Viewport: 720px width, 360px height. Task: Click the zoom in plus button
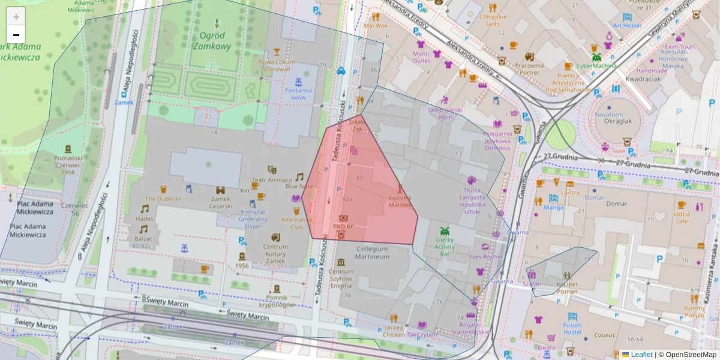point(16,17)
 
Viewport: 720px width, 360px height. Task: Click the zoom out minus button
point(16,35)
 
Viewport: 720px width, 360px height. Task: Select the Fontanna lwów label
point(298,94)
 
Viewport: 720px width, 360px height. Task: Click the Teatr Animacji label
point(271,179)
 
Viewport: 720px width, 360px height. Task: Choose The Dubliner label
point(163,199)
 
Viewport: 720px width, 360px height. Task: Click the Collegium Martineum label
point(373,252)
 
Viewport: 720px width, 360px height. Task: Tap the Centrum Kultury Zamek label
point(276,253)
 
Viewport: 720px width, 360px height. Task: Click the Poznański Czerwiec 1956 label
point(68,164)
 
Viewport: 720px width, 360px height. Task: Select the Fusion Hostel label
point(572,328)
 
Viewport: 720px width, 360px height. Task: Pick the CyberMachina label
point(596,65)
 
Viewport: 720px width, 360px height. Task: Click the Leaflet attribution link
point(641,355)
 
